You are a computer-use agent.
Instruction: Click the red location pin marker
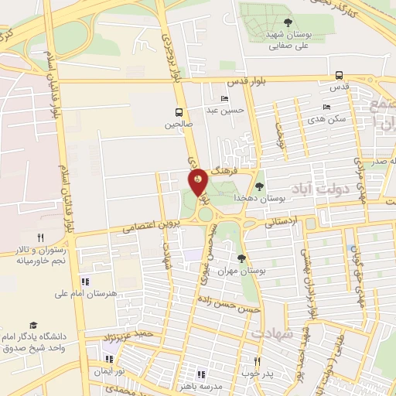point(199,181)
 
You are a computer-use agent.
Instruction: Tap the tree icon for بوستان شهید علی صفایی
point(288,22)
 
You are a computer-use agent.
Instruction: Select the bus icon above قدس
point(340,75)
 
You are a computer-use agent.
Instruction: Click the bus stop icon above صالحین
point(179,111)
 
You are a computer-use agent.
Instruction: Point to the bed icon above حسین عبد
point(224,98)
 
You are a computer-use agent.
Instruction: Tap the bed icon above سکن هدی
point(326,107)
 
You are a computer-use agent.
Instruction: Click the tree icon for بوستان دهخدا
point(259,186)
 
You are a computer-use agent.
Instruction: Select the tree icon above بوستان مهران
point(242,258)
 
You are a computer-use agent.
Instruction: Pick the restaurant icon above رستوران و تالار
point(40,237)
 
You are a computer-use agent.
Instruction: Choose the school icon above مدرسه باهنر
point(202,374)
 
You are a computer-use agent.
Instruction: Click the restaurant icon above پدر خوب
point(258,361)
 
